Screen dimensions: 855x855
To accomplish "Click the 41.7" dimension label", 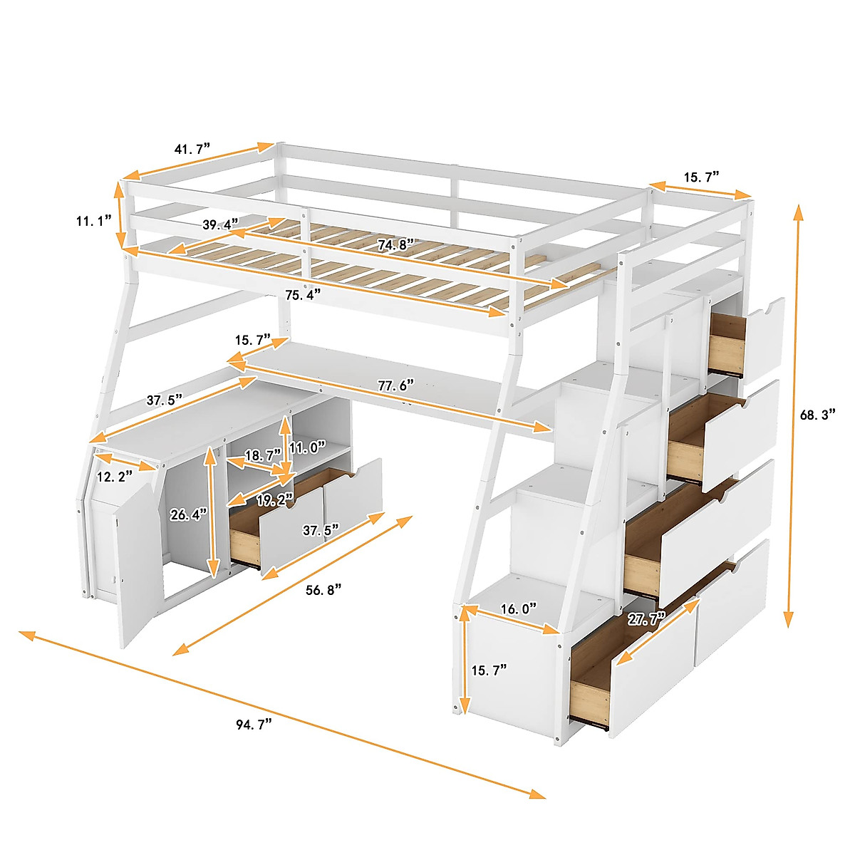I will (x=192, y=150).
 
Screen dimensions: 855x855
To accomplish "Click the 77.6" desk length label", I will (x=396, y=386).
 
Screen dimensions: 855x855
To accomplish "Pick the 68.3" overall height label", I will (x=819, y=415).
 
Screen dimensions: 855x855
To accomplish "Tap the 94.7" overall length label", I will (x=254, y=725).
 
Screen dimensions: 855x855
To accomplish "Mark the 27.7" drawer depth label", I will (x=646, y=618).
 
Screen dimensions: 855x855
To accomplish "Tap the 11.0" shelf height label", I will (x=307, y=447).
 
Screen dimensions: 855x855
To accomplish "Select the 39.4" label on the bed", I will (x=220, y=224).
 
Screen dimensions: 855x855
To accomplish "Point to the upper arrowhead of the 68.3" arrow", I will (x=799, y=210).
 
